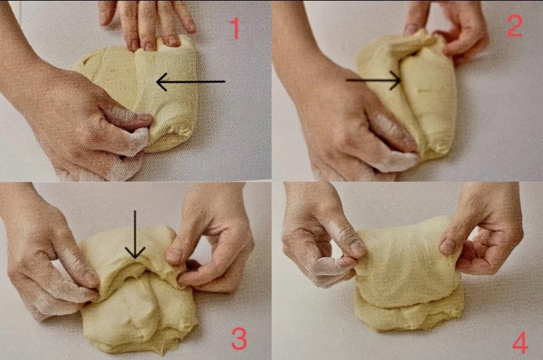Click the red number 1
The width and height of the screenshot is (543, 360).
pos(235,28)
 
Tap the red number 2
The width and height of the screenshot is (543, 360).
pos(514,26)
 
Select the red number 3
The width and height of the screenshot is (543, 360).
pos(239,338)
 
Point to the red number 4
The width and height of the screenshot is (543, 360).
pos(520,343)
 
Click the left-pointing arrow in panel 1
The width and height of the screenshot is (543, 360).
pos(190,82)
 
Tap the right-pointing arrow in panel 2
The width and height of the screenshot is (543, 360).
pos(374,80)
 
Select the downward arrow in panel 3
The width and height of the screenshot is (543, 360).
pos(134,235)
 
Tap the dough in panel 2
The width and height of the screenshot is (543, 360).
pos(405,94)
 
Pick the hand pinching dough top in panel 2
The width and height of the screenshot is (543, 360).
pos(450,31)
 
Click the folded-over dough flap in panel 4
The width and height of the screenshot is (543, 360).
pos(409,263)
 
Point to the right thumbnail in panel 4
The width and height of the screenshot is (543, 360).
pos(448,246)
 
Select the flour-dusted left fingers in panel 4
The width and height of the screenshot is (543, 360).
pos(332,266)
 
